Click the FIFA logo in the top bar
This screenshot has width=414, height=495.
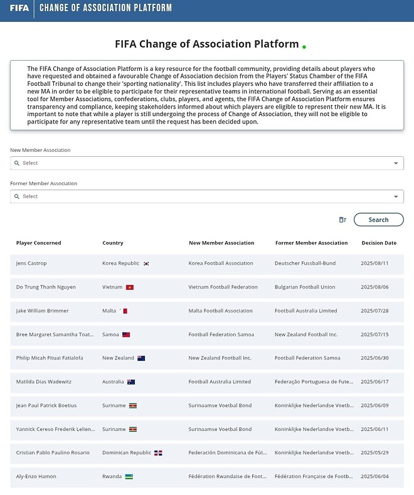pyautogui.click(x=19, y=8)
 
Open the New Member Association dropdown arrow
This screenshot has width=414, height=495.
pyautogui.click(x=396, y=163)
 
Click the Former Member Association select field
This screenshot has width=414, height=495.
pyautogui.click(x=201, y=196)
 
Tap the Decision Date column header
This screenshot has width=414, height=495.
pyautogui.click(x=379, y=243)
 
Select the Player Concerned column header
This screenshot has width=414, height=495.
pyautogui.click(x=39, y=243)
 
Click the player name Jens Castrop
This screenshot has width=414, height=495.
pyautogui.click(x=31, y=263)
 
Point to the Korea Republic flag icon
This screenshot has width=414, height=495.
pyautogui.click(x=146, y=263)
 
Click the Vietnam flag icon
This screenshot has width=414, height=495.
pyautogui.click(x=130, y=287)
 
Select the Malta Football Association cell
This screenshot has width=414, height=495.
pyautogui.click(x=220, y=311)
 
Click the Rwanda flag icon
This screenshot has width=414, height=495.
pyautogui.click(x=129, y=476)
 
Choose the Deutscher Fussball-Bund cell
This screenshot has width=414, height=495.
pyautogui.click(x=305, y=263)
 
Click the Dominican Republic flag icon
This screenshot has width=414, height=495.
pyautogui.click(x=159, y=453)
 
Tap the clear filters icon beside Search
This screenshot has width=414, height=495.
pyautogui.click(x=342, y=220)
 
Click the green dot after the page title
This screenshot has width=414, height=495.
pyautogui.click(x=304, y=47)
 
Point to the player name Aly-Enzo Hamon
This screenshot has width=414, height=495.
pyautogui.click(x=36, y=476)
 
